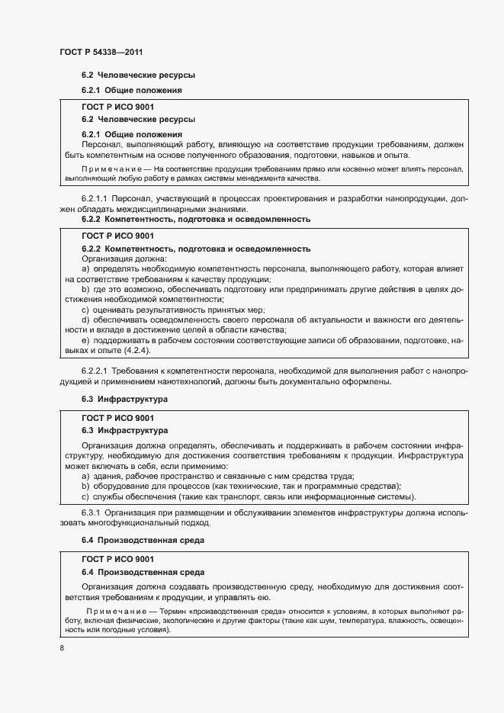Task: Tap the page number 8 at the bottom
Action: coord(62,648)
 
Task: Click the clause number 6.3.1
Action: coord(92,513)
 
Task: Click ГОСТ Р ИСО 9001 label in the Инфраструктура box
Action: coord(117,419)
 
